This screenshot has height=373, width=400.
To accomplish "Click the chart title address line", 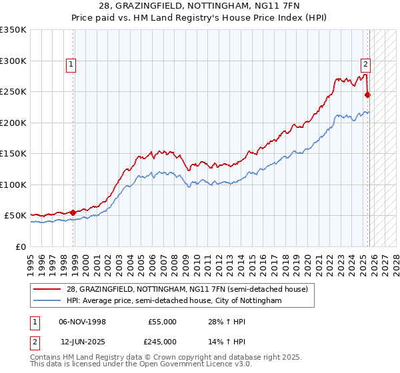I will point(200,6).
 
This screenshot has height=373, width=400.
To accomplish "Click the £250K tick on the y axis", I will point(13,92).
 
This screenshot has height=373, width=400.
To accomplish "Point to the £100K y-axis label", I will point(13,185).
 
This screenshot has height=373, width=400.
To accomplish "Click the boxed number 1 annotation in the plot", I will point(71,65).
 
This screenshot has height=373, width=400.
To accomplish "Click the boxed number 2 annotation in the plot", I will point(365,65).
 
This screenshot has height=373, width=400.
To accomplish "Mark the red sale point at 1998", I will point(73,212).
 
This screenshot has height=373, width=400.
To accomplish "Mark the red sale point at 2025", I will point(367,95).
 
